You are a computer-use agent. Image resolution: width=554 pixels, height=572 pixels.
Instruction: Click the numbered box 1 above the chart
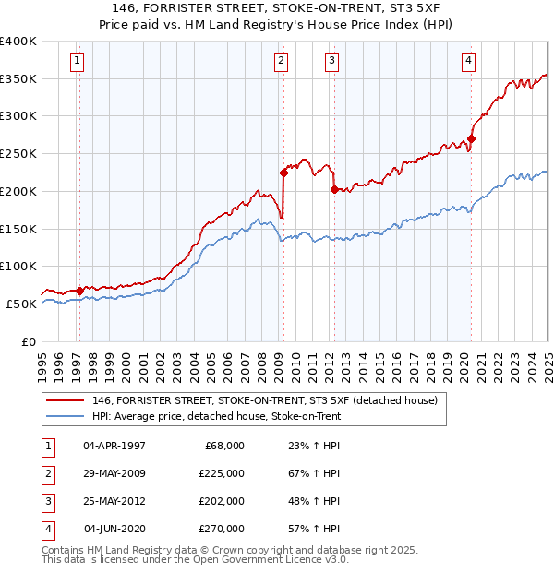click(x=77, y=62)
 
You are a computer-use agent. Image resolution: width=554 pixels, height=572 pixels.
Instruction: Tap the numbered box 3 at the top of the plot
click(x=331, y=62)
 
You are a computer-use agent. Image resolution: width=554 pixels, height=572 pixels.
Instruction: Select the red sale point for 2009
click(x=283, y=172)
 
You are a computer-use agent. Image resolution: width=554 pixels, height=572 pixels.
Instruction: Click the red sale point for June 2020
click(x=470, y=139)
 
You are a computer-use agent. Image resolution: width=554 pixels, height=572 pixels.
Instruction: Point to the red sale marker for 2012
click(x=333, y=189)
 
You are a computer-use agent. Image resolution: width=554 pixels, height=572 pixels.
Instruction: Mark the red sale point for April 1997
click(x=80, y=290)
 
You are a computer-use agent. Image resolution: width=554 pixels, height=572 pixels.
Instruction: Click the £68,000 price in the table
click(x=224, y=445)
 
